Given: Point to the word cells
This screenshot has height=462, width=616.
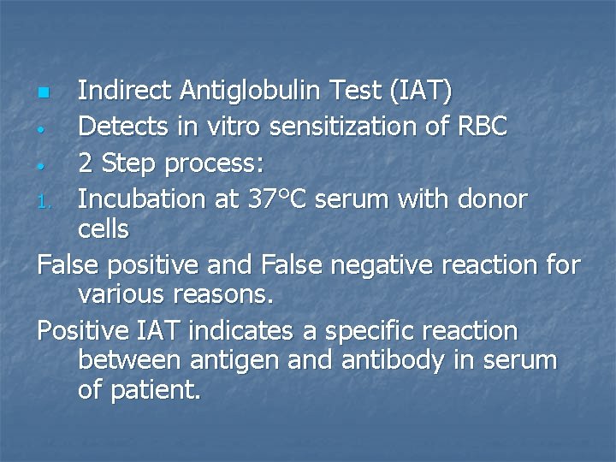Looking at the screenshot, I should (x=103, y=229).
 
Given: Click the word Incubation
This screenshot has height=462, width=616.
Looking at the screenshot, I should (x=137, y=198).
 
